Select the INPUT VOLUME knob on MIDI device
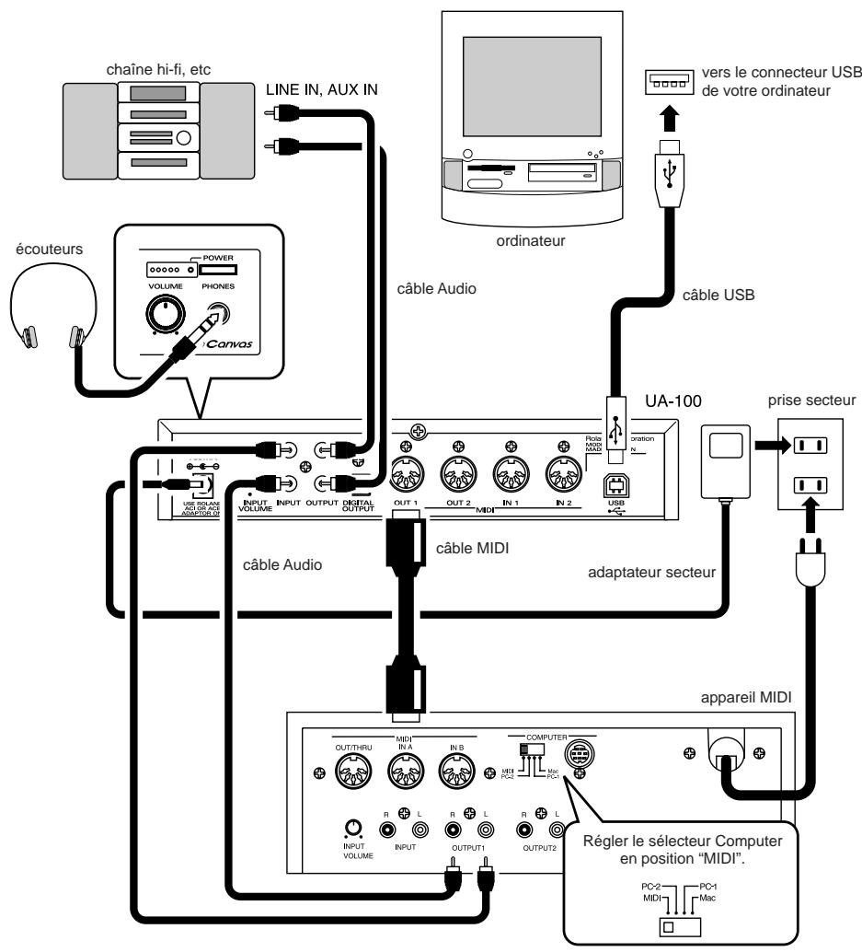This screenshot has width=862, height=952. tap(351, 826)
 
